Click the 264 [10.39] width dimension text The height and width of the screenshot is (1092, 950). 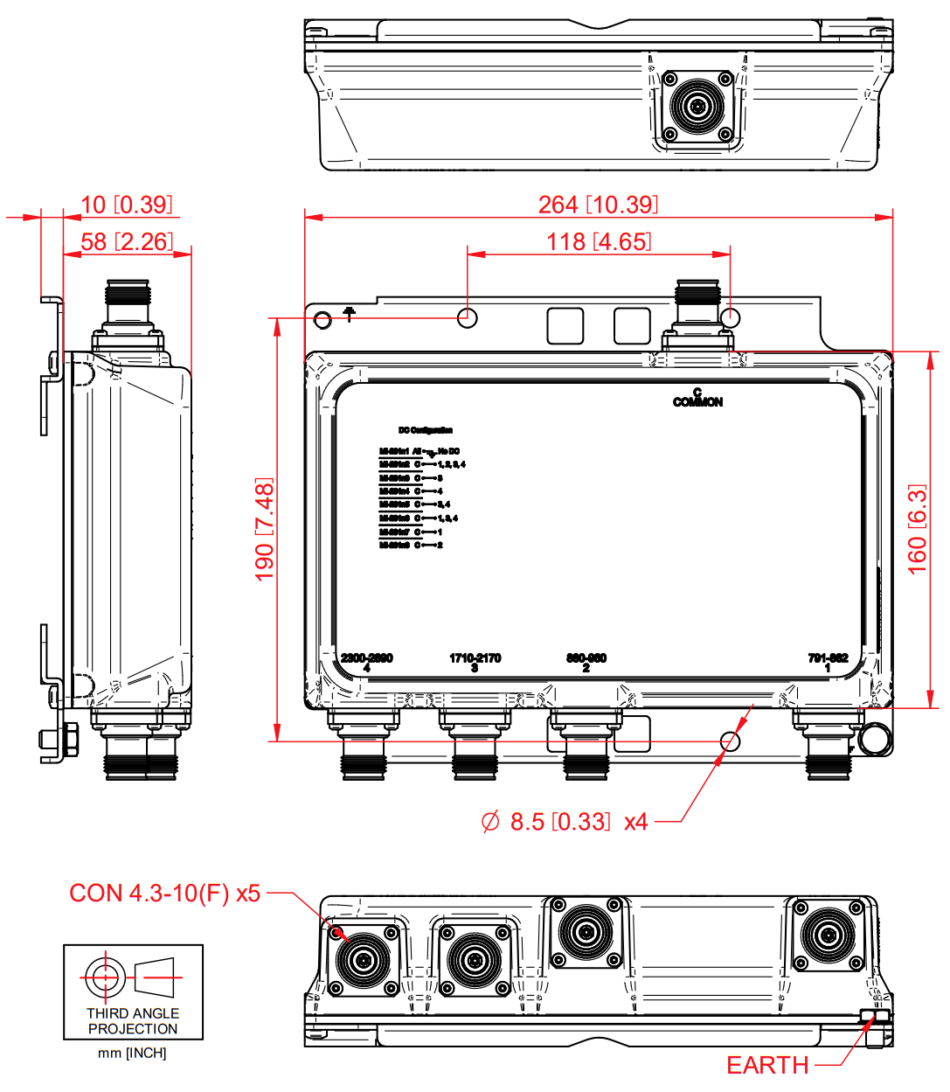click(598, 205)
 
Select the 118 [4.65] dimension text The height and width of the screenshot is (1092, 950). click(599, 242)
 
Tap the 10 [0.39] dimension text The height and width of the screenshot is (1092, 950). click(127, 205)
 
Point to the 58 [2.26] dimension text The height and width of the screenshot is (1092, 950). click(127, 242)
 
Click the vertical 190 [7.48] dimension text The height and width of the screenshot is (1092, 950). click(264, 529)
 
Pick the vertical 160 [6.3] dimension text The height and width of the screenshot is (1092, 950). click(917, 529)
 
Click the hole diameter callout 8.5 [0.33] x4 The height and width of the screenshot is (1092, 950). click(565, 822)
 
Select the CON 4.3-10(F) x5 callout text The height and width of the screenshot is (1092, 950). click(165, 893)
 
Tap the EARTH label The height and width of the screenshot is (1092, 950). click(767, 1065)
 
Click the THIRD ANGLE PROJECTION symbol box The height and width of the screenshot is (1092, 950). click(133, 991)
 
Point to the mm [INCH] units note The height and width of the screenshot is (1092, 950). click(132, 1053)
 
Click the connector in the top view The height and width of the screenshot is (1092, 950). click(697, 108)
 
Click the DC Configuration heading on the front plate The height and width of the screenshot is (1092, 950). click(426, 430)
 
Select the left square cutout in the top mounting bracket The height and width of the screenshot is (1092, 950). click(565, 325)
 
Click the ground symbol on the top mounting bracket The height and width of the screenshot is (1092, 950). click(350, 314)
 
